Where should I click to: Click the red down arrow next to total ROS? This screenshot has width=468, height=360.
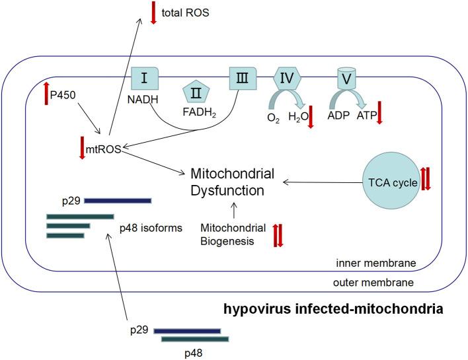(153, 13)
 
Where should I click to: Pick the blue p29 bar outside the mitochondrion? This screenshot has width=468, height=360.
(187, 329)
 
